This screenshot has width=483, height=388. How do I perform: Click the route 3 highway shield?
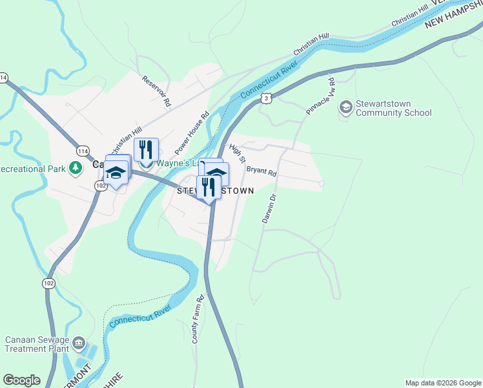point(266,98)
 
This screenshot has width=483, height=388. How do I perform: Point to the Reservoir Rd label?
point(157,90)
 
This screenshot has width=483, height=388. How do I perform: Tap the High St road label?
point(238,154)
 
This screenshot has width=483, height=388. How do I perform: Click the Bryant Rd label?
point(261,171)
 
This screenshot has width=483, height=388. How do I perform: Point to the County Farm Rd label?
point(200,319)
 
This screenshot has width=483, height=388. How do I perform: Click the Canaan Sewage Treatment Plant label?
point(38,345)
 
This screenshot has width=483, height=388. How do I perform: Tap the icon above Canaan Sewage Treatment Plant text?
point(79,341)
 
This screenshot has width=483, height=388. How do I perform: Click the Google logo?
point(21,380)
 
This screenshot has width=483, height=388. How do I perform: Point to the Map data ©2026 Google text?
point(443,383)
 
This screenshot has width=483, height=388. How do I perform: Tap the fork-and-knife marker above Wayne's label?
point(146,150)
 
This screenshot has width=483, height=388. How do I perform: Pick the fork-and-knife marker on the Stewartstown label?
point(208,187)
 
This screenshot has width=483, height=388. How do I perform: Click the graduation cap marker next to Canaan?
point(116,173)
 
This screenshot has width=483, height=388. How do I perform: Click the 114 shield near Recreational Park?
point(83,151)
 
